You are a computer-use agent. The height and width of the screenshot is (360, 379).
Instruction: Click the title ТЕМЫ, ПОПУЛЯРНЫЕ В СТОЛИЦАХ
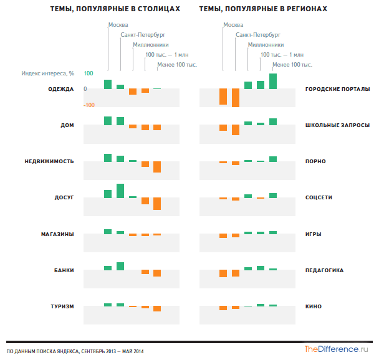click(115, 9)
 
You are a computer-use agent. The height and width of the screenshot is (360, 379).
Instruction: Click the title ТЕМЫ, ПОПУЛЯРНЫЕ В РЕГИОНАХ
click(263, 9)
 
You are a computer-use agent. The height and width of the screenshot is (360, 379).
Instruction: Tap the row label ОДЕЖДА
click(61, 89)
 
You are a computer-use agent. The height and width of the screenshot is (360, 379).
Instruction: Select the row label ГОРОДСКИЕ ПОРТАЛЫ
click(337, 89)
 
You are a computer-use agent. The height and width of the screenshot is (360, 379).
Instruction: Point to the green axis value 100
click(89, 73)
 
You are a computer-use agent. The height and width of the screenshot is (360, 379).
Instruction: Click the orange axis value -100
click(89, 105)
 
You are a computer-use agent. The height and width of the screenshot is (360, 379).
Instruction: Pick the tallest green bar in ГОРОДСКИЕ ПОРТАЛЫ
click(273, 81)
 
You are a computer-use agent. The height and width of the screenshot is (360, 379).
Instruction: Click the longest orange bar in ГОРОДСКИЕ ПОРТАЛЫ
click(236, 98)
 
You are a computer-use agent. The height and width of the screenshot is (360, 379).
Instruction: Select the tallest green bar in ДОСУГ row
click(120, 191)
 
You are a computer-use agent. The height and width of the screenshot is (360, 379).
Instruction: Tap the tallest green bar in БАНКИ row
click(120, 266)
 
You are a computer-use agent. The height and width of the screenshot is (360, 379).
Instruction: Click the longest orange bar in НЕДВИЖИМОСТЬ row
click(157, 167)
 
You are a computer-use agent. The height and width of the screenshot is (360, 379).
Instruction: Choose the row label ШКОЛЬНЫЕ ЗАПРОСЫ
click(337, 125)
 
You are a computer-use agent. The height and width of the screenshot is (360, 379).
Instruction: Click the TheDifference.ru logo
click(336, 349)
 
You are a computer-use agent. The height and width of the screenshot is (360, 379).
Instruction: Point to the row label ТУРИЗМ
click(62, 306)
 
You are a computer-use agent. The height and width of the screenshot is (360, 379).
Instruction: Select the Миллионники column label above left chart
click(151, 45)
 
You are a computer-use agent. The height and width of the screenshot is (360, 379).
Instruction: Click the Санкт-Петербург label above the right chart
click(258, 35)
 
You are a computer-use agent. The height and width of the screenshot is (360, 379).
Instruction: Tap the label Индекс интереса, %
click(48, 73)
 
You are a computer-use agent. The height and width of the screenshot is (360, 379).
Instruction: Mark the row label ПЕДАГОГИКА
click(324, 270)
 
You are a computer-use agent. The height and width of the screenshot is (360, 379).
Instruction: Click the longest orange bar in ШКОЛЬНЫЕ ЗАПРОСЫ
click(236, 130)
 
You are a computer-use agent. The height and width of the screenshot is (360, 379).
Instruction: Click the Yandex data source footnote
click(75, 351)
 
